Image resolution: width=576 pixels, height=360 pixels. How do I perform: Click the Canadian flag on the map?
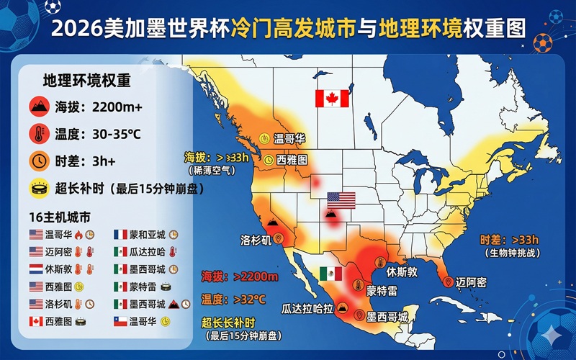332,99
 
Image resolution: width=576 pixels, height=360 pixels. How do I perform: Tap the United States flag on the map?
341,200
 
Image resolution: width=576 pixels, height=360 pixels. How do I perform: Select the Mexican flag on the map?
330,274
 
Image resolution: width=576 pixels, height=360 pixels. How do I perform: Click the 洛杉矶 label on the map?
256,240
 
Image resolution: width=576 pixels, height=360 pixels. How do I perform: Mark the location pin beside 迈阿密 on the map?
449,282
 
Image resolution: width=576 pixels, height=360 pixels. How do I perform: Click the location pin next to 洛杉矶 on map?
279,238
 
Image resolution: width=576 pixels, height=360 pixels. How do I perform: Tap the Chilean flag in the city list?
120,321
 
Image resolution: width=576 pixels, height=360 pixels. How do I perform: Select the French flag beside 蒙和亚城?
120,235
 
